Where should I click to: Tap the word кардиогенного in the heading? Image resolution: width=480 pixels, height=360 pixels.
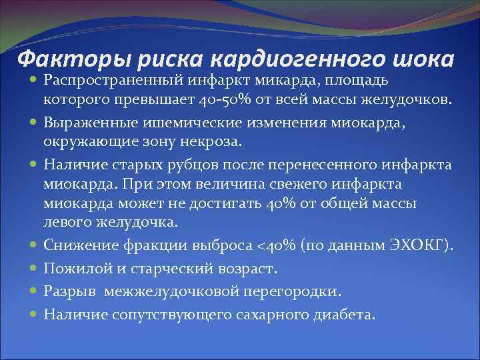point(292,58)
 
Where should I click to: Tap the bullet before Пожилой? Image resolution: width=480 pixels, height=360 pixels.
point(33,269)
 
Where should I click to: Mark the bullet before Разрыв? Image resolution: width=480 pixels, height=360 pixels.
point(33,291)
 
